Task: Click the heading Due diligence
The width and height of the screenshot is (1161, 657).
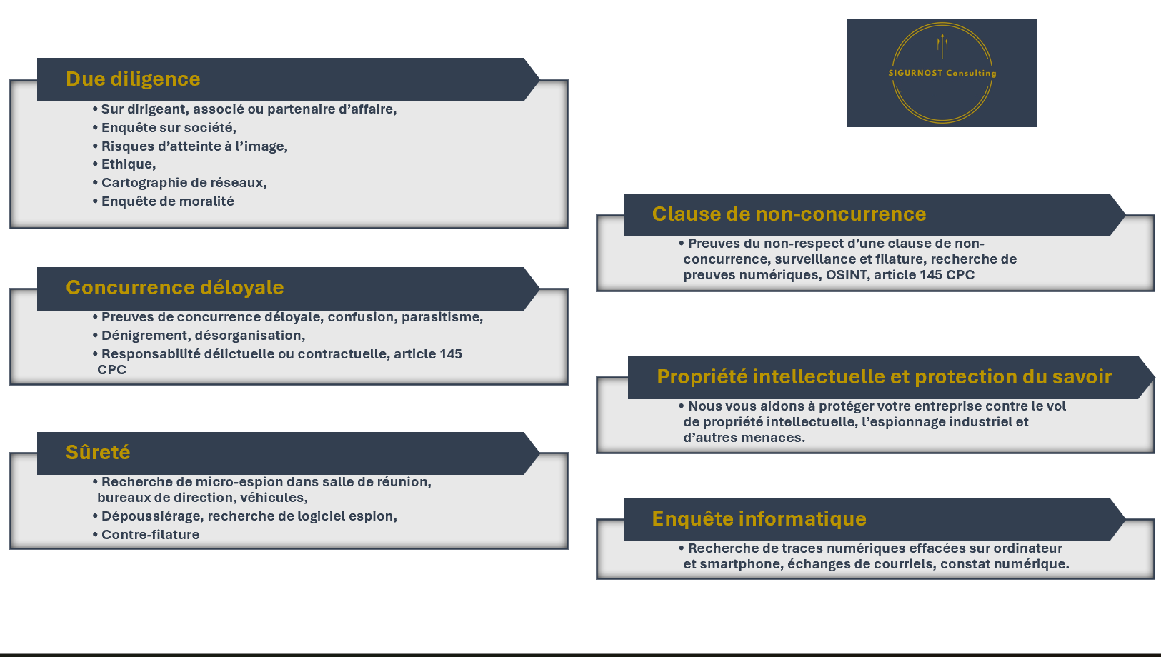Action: [133, 79]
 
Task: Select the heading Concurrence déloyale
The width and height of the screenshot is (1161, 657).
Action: [174, 287]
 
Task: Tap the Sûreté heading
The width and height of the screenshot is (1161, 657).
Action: [98, 452]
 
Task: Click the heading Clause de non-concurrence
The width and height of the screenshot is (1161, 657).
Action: [789, 214]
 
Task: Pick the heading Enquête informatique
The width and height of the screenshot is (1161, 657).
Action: [759, 518]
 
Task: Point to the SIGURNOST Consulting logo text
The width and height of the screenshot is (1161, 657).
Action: [942, 73]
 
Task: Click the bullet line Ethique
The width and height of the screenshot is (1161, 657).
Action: [128, 164]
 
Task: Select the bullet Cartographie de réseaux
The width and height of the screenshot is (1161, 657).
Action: [184, 183]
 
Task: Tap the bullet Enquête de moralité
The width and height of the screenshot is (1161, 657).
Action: [167, 201]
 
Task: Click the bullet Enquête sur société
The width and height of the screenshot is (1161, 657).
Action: [168, 128]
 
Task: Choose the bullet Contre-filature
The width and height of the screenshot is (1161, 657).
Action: [150, 535]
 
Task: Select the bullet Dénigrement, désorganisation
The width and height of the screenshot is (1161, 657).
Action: [203, 336]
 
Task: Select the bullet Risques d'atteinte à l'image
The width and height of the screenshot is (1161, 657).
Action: [194, 146]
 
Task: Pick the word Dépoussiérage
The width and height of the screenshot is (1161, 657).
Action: [151, 516]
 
